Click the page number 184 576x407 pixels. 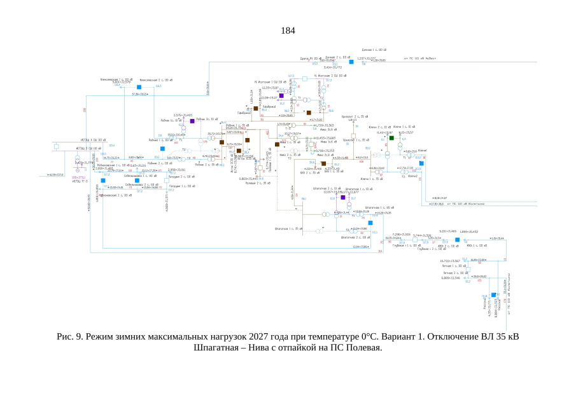click(x=288, y=31)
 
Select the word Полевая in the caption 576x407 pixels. click(x=363, y=347)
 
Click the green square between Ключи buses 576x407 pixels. click(x=392, y=138)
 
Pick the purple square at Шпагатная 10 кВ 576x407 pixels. click(x=342, y=198)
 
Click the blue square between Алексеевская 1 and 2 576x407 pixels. click(x=138, y=86)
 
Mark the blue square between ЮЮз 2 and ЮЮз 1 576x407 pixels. click(x=456, y=240)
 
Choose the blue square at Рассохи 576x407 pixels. click(x=493, y=295)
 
